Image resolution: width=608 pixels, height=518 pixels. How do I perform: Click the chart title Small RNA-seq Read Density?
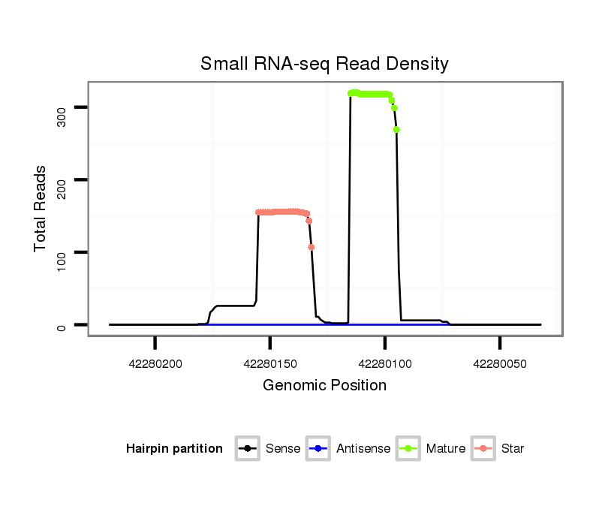point(324,64)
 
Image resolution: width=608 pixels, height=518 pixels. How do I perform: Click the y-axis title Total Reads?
point(41,209)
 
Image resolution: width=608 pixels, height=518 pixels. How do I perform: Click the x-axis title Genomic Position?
point(324,386)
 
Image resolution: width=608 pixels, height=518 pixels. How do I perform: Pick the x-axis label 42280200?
point(155,364)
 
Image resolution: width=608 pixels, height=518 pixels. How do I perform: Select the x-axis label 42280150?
point(270,364)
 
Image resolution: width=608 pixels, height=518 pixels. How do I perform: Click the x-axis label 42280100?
point(385,364)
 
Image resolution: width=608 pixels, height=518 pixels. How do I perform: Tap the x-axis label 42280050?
point(500,364)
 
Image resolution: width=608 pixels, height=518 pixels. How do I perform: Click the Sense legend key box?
point(247,449)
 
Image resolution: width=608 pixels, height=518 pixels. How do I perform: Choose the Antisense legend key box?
point(318,449)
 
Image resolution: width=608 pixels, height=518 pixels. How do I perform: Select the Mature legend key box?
point(408,449)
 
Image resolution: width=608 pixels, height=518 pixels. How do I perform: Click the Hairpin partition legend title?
point(174,449)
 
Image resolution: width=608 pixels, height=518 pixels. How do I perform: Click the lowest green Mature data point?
point(396,130)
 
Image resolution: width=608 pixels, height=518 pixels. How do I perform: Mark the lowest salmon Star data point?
point(312,247)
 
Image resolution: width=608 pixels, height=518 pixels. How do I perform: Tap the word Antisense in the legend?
point(363,449)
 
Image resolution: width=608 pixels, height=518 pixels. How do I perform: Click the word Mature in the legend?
point(446,449)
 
